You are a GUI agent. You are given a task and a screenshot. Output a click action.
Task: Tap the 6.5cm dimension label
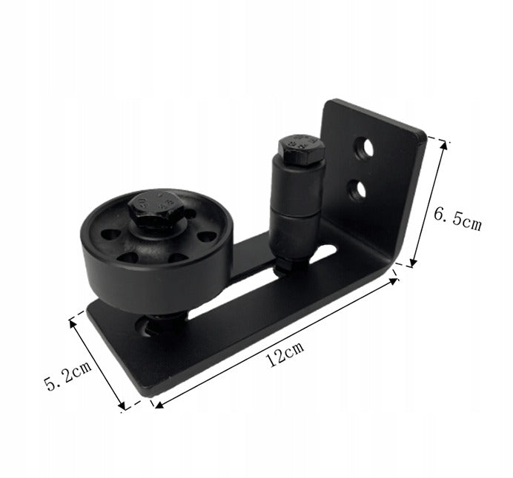coord(457,220)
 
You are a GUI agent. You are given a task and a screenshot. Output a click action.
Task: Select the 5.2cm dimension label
coord(67,375)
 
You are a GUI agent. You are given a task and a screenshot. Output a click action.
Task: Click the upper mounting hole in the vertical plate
coord(364,149)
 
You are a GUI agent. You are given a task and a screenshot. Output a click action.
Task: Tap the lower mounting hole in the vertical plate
coord(357,190)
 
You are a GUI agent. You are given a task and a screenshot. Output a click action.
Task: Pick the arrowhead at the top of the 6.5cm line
coord(443,144)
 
